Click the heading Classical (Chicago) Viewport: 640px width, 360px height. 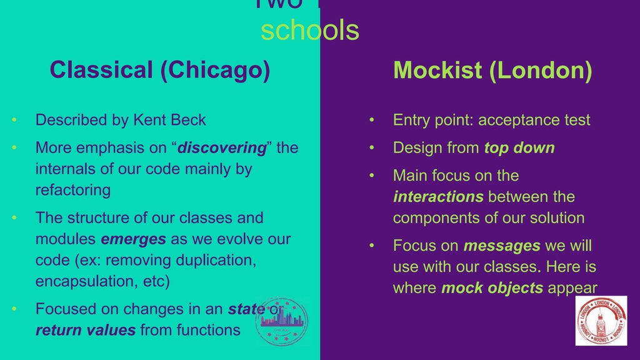pos(159,70)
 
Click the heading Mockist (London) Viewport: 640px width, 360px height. pos(492,70)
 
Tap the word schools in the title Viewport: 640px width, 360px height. pos(310,30)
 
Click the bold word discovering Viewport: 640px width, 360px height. pos(222,148)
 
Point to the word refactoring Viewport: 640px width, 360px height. pos(72,189)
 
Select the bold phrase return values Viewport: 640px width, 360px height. pos(86,330)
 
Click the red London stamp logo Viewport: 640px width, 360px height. pos(601,321)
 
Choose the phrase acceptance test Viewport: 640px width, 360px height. pos(534,119)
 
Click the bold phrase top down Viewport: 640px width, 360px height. pos(519,148)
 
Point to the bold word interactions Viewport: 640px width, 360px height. pos(438,197)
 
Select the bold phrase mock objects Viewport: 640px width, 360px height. pos(492,288)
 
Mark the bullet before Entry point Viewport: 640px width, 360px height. pos(372,120)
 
